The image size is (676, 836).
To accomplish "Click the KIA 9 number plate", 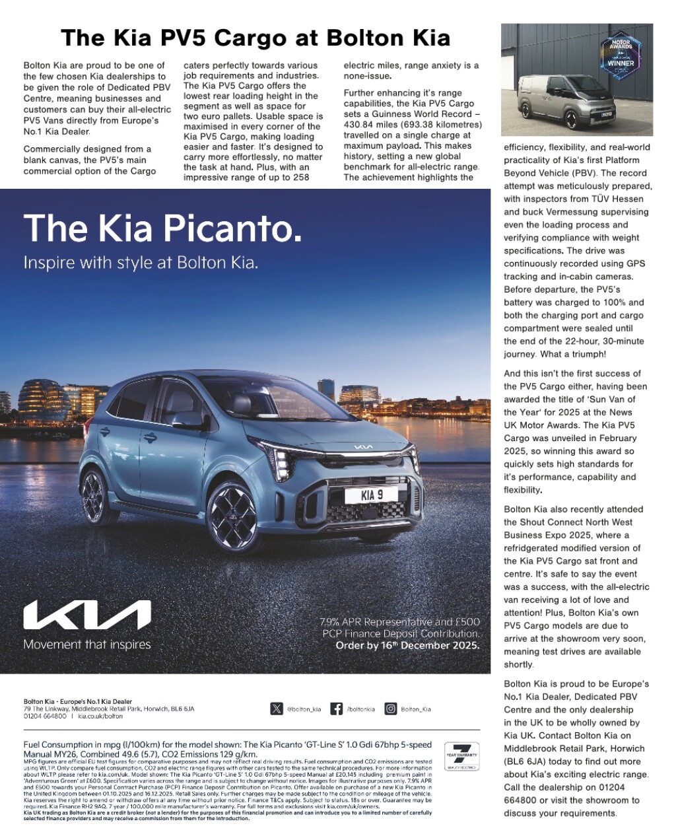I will point(371,495).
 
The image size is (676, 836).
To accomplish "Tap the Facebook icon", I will point(336,709).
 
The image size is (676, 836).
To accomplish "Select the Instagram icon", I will point(391,709).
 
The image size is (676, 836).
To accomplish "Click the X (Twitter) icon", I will point(276,709).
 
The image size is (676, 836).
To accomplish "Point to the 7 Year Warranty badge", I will point(461,756).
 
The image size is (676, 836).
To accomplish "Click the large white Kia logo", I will point(86,615).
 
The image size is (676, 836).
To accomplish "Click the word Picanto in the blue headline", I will point(232,228).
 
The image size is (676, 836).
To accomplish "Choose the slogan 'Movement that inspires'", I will point(86,644).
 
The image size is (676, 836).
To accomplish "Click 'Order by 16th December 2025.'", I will point(407,646).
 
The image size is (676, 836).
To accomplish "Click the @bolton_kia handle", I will point(304,709).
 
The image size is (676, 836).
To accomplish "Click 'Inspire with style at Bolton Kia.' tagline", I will point(141,262).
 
